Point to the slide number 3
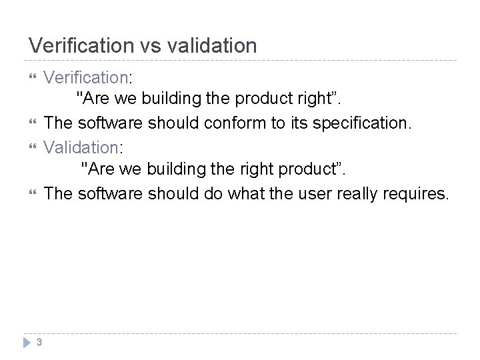click(39, 343)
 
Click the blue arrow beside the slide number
click(27, 343)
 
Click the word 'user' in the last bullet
click(310, 193)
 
